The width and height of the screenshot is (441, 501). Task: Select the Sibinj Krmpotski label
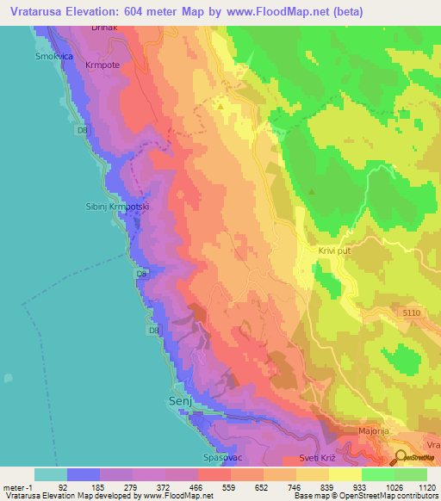[x=112, y=207]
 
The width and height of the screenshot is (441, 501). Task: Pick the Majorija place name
[x=376, y=430]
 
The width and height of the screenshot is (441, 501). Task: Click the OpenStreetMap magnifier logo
[x=401, y=457]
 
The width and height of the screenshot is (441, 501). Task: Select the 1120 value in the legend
[x=426, y=486]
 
